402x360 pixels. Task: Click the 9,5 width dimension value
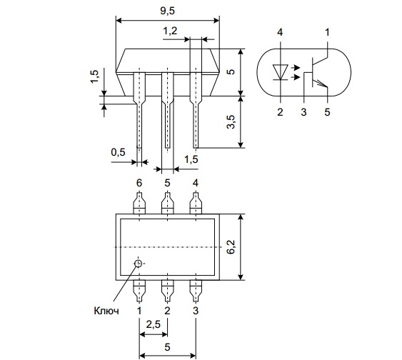pos(167,11)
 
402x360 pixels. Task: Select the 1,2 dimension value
pos(170,31)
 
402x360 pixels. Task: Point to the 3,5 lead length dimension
pos(231,122)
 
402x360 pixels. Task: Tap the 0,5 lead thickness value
pos(119,152)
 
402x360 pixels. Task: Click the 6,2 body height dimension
pos(231,247)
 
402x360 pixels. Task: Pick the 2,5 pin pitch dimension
pos(154,324)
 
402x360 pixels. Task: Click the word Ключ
pos(106,311)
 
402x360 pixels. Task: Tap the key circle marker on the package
pos(139,264)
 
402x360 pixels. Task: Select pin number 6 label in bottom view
pos(139,183)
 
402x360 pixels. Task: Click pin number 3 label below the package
pos(196,311)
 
